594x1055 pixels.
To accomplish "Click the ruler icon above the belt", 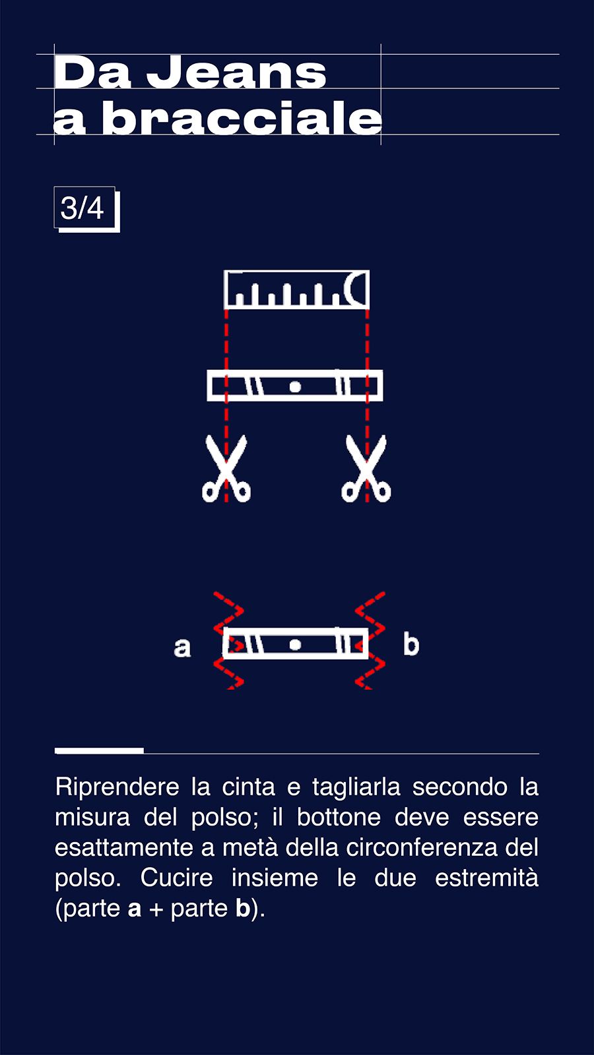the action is (x=296, y=289).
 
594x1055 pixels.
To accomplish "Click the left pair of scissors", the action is (x=226, y=468).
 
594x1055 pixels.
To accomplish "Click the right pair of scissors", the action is (x=366, y=468).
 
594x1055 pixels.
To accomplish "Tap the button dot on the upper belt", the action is (x=295, y=386).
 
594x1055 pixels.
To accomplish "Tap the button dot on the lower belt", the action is (x=295, y=644).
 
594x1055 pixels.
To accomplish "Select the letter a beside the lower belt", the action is (x=182, y=647).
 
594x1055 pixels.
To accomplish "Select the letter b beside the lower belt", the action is (x=411, y=644).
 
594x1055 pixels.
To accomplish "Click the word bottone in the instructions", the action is (x=339, y=818).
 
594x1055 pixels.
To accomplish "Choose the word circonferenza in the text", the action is (x=422, y=848).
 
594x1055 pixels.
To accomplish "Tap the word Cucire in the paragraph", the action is (x=176, y=878).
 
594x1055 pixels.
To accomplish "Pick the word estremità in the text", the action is (x=486, y=878).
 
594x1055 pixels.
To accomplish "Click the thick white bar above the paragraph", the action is (x=100, y=751).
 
